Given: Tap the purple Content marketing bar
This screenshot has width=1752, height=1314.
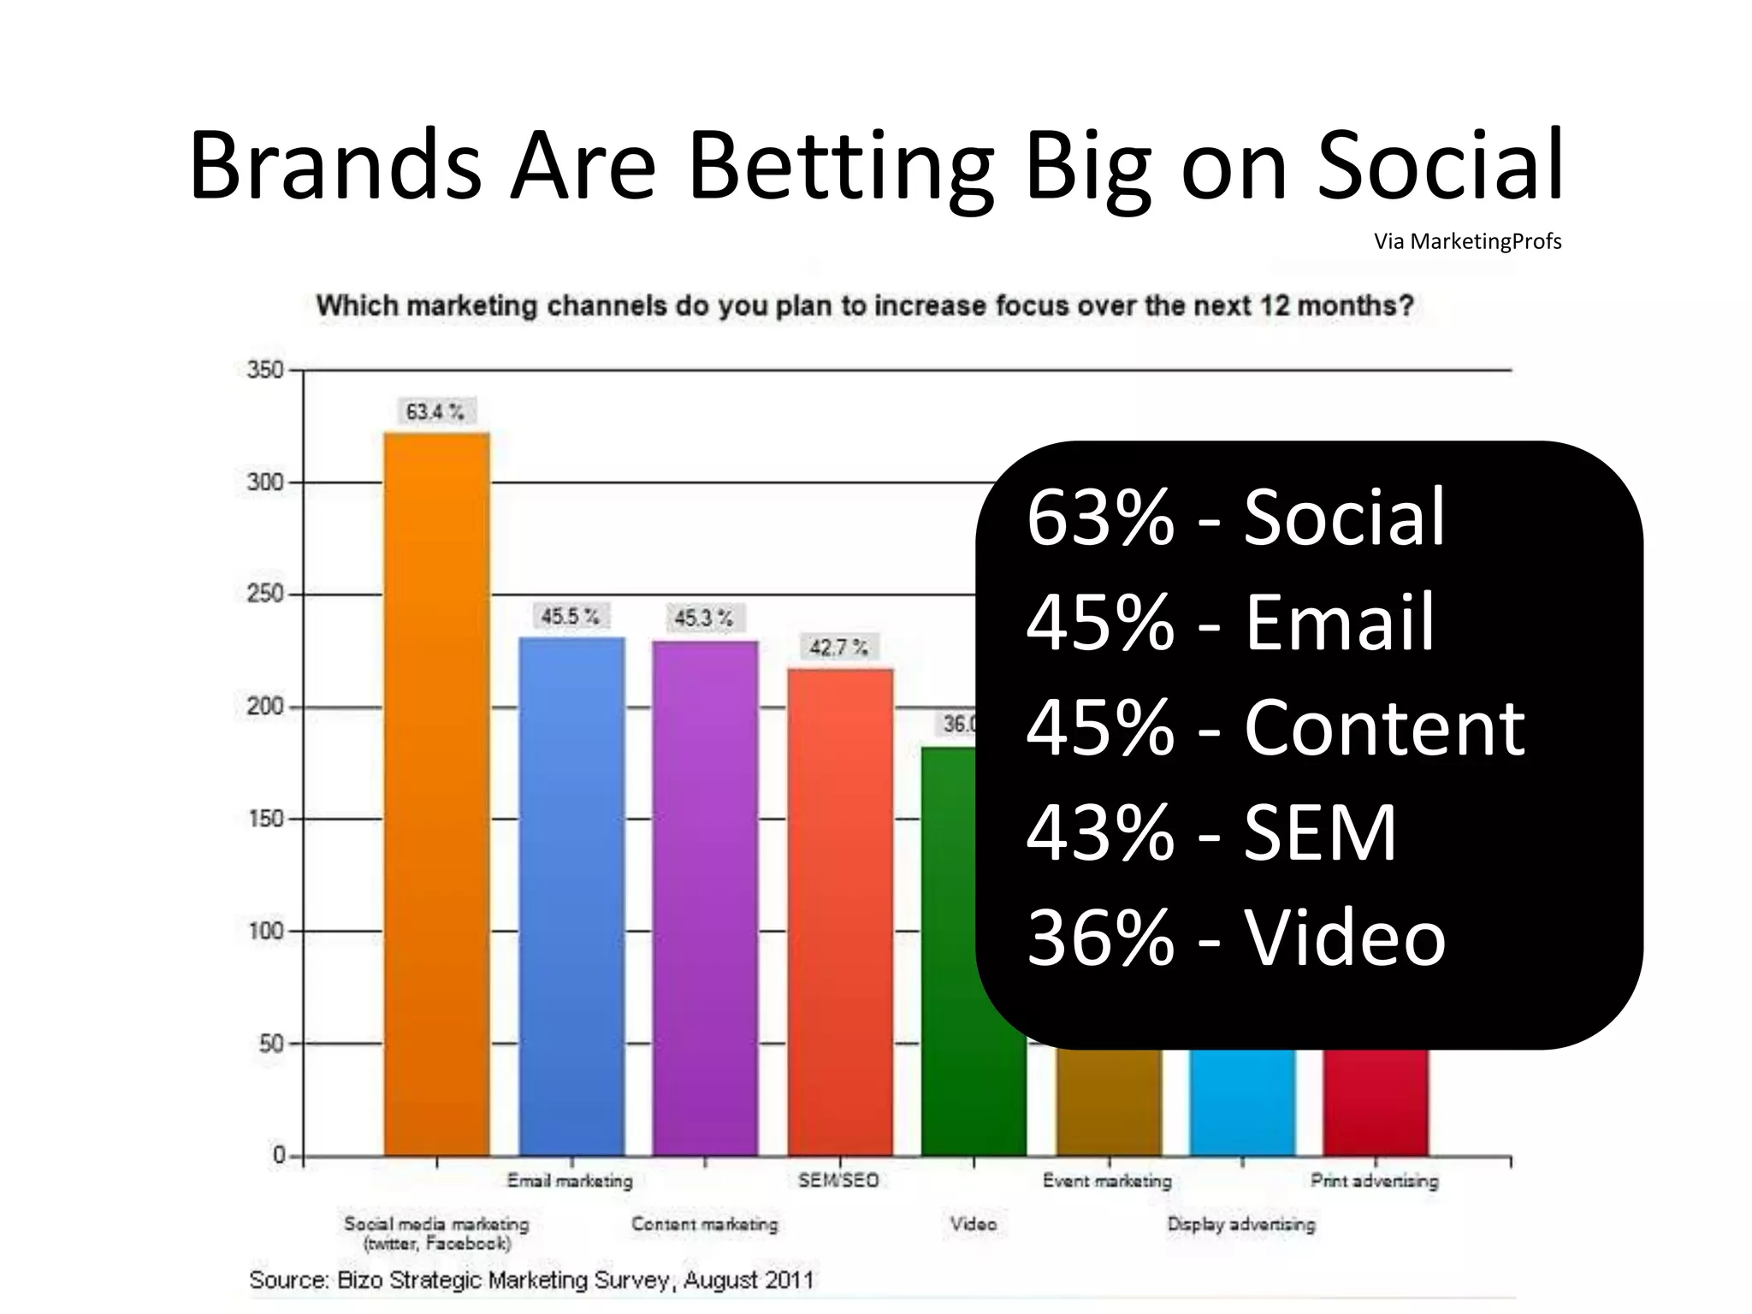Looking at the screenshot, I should tap(705, 897).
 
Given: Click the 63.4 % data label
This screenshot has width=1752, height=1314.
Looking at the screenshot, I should tap(435, 411).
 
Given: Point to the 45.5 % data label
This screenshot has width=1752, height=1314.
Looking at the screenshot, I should tap(570, 616).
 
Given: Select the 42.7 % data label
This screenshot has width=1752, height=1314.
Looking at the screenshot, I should tap(838, 648).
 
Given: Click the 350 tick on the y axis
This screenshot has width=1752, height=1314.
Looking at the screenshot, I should tap(264, 370).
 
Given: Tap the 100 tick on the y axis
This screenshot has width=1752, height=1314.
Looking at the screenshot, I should tap(265, 931).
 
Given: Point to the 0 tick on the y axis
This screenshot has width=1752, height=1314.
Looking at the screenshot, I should tap(279, 1155).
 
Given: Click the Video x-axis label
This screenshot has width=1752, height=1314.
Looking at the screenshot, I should tap(974, 1224).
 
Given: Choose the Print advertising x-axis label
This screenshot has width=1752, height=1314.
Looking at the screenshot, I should tap(1374, 1181).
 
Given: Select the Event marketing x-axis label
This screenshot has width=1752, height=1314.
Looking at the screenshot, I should tap(1107, 1181).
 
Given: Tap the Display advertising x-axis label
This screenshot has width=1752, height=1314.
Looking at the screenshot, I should tap(1241, 1224).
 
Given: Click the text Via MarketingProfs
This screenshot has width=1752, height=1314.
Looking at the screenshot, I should tap(1467, 242).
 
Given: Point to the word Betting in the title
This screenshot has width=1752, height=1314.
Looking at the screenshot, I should tap(840, 167).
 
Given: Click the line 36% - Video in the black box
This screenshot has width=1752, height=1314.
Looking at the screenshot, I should tap(1235, 938).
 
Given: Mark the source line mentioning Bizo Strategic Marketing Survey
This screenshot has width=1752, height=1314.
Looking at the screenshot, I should tap(530, 1280).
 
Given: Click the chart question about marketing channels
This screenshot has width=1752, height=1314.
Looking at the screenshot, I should tap(864, 305).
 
